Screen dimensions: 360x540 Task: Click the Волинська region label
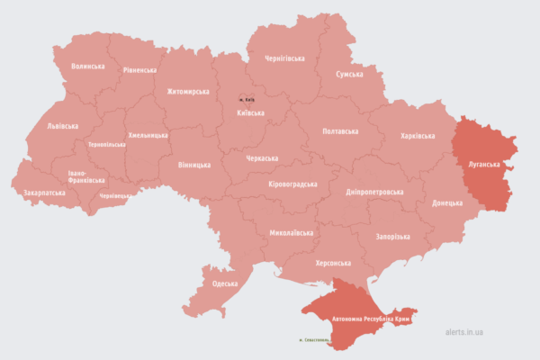88,67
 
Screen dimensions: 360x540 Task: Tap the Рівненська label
139,70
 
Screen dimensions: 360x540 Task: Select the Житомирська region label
188,92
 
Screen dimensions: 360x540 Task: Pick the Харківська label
418,136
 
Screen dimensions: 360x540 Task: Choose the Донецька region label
447,203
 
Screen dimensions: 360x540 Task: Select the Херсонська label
333,264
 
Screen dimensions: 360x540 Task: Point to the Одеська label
225,284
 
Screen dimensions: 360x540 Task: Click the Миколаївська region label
291,233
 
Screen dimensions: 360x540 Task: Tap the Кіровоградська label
293,184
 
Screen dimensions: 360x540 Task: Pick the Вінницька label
194,166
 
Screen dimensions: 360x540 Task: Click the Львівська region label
62,126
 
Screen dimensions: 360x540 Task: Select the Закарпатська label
39,193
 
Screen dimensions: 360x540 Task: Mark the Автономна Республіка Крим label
372,319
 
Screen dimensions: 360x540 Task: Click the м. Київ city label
247,99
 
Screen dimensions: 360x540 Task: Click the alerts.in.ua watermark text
464,332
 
